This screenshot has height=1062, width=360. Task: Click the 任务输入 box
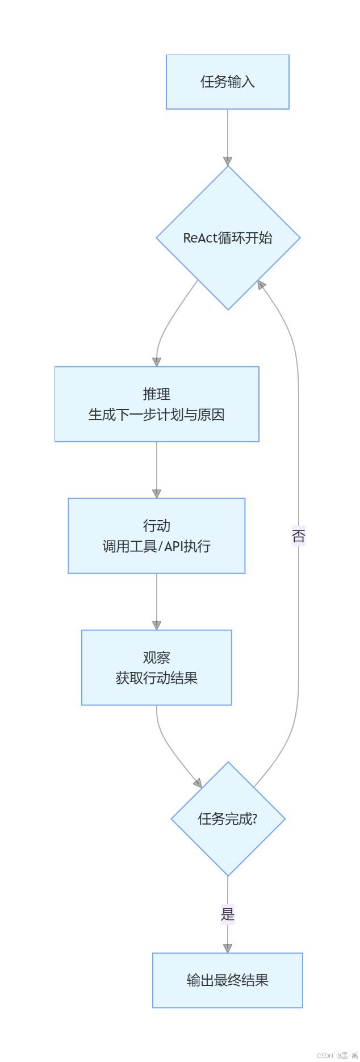coord(227,82)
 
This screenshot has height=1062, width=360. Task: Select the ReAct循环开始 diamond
coord(228,238)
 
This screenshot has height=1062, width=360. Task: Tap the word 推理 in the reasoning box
coord(157,394)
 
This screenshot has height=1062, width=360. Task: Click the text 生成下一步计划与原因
coord(157,415)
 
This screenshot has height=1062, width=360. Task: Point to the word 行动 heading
coord(157,525)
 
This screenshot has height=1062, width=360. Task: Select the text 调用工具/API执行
coord(157,546)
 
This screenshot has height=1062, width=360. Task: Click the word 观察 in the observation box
coord(157,657)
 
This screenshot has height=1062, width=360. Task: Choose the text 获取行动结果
coord(157,678)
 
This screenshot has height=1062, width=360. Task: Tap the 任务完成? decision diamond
coord(228,819)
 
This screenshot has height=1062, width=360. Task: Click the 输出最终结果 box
coord(227,980)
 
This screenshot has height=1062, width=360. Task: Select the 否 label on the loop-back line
coord(299,536)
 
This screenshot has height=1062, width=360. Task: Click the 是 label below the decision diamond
coord(228,914)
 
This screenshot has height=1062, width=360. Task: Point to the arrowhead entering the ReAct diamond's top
coord(228,161)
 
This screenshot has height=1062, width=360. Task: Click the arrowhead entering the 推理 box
coord(157,362)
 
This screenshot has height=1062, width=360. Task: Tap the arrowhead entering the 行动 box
coord(157,494)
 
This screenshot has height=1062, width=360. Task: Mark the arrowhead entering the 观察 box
coord(157,625)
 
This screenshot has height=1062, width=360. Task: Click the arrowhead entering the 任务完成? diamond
coord(198,783)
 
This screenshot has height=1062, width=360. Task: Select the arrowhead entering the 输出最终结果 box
coord(228,948)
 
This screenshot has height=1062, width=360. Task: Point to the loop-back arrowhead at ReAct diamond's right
coord(261,285)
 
